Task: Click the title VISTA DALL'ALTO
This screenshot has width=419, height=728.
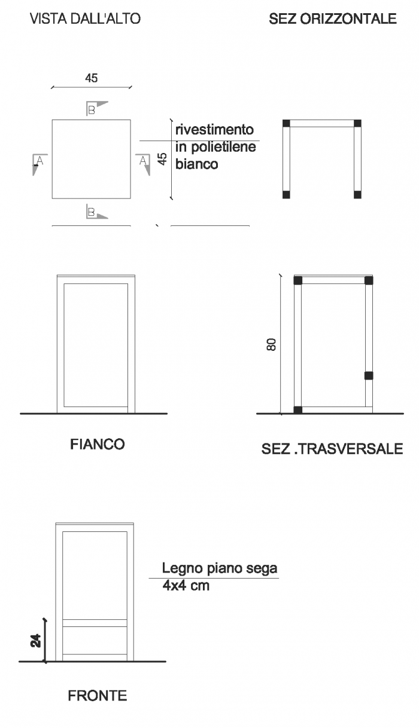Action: (x=86, y=19)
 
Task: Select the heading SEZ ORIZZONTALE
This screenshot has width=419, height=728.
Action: (x=332, y=19)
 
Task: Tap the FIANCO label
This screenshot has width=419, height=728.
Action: (x=98, y=444)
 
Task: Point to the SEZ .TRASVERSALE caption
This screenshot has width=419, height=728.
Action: (x=332, y=449)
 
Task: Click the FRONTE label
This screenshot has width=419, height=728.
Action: (x=98, y=696)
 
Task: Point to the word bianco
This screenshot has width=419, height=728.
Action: (x=197, y=164)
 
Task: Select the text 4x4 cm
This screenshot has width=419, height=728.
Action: (x=186, y=585)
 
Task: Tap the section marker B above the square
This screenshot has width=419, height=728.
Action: (x=97, y=108)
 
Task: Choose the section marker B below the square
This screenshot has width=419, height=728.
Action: (x=97, y=212)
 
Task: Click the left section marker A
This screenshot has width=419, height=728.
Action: (x=40, y=164)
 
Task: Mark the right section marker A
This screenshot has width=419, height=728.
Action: (x=143, y=164)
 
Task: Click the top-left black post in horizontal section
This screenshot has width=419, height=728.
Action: (x=286, y=123)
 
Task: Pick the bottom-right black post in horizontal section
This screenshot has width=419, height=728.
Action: (x=357, y=195)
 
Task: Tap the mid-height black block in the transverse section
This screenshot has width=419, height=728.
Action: (x=369, y=376)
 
